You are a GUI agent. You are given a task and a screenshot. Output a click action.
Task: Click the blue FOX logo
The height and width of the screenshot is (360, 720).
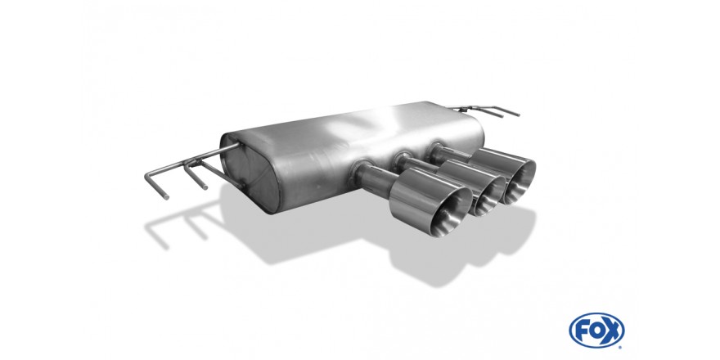tap(596, 331)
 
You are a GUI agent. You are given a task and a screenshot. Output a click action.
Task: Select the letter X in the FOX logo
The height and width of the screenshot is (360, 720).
tap(613, 331)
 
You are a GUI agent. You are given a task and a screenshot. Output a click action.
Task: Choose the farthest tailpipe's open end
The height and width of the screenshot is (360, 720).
tap(520, 182)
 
